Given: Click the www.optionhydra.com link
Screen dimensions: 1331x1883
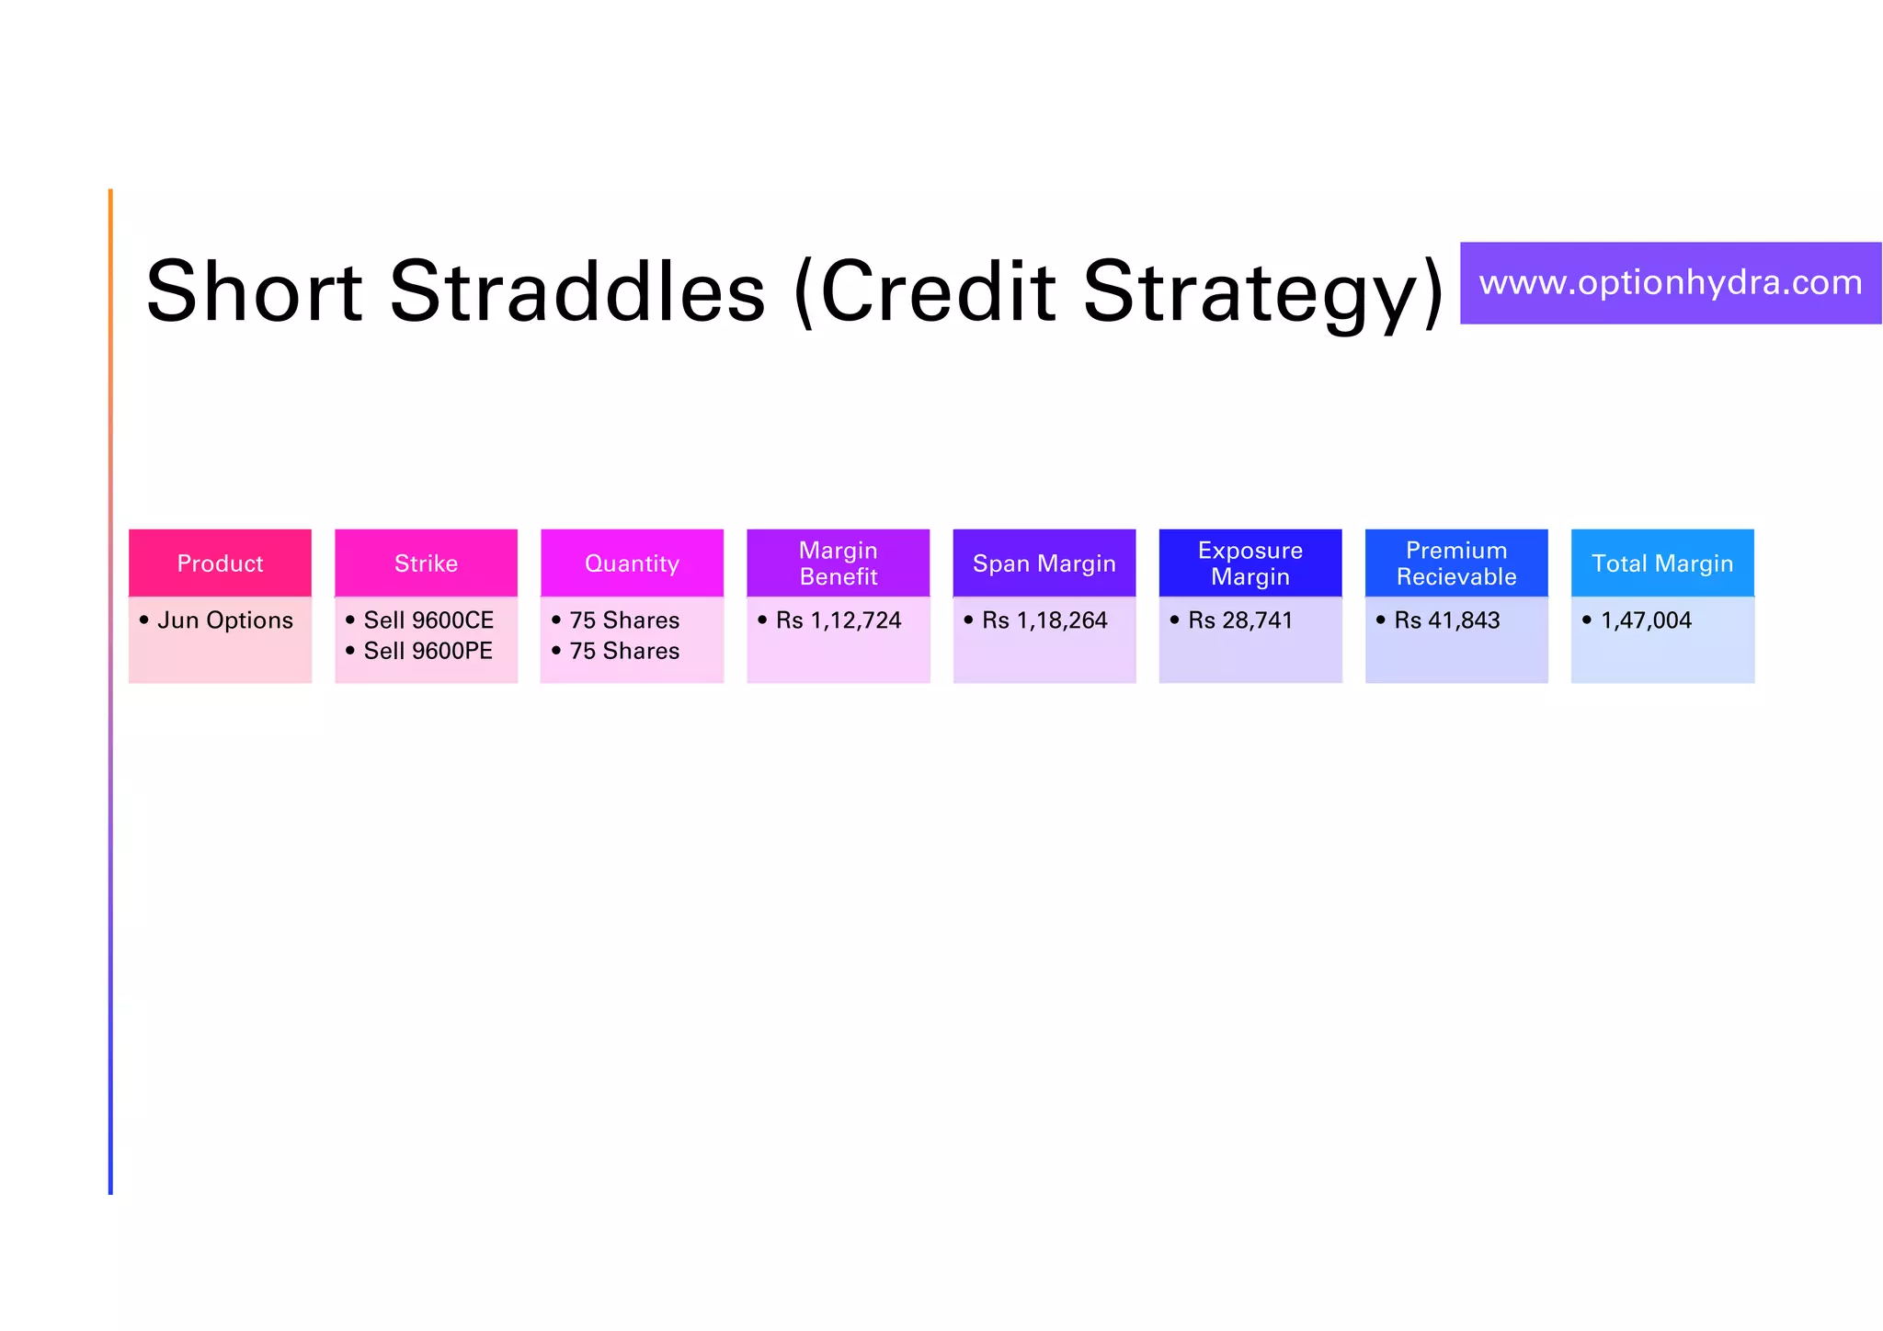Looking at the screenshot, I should point(1670,283).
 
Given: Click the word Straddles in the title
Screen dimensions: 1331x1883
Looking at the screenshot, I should point(577,292).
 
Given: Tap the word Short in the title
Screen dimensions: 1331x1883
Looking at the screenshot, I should point(254,292).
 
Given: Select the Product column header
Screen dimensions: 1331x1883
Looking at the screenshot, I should point(220,563).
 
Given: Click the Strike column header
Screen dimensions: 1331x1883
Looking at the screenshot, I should point(426,563).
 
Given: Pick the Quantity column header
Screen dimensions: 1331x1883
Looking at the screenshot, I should point(632,563).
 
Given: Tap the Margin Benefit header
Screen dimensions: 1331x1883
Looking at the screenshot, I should point(838,563).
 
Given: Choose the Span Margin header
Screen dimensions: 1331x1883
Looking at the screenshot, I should point(1044,563).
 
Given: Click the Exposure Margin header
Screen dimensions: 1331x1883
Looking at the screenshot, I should point(1250,563).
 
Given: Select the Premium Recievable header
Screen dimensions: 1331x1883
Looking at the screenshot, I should point(1455,563).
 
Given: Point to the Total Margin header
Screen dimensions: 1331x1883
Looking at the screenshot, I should point(1661,563).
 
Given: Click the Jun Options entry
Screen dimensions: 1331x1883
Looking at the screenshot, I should point(225,620).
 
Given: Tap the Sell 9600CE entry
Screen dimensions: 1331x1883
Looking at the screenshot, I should point(428,620).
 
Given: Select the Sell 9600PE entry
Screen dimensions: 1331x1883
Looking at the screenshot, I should point(428,651).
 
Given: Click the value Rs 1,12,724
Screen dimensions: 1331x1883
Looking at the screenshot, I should point(838,620).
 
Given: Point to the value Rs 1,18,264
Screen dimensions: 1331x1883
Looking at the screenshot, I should point(1044,620).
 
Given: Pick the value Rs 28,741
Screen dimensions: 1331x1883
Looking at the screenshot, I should point(1239,620).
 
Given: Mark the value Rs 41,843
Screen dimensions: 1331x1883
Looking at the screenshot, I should point(1446,620).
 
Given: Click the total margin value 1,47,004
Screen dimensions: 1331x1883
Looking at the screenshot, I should point(1646,620).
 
